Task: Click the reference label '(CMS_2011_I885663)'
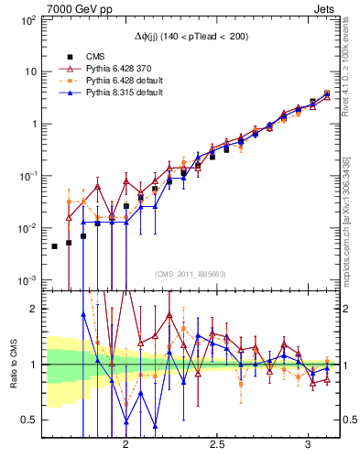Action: pos(191,274)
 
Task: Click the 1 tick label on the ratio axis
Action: pos(31,365)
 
